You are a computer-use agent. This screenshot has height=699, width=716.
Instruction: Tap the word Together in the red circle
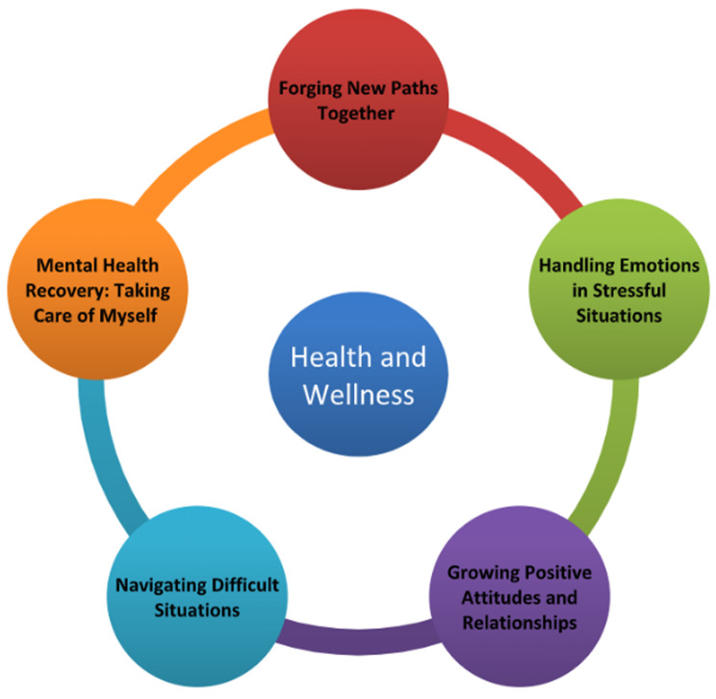[357, 114]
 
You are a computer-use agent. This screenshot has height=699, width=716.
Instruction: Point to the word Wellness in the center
[358, 394]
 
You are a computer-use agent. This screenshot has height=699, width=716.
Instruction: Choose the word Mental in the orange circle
[73, 266]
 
